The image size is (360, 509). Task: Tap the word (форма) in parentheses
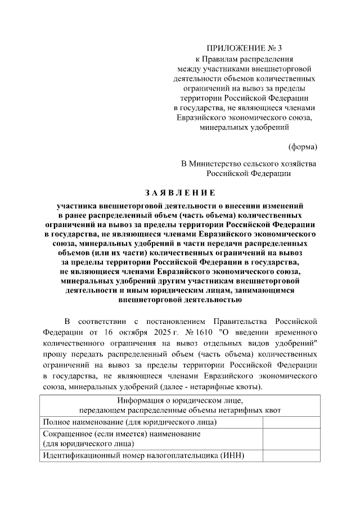pos(302,147)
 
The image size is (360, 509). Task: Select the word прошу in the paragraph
pos(53,355)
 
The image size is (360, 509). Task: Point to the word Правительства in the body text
pos(247,321)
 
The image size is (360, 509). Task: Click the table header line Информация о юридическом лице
pos(179,400)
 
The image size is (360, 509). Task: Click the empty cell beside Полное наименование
pos(290,421)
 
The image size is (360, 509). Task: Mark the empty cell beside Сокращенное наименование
pos(290,438)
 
